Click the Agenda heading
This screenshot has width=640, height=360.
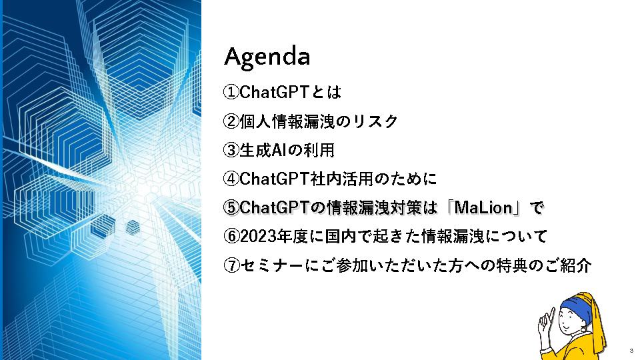tap(267, 57)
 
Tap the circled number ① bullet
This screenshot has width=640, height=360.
tap(231, 92)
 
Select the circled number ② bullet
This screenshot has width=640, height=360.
tap(231, 121)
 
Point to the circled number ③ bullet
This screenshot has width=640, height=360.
tap(231, 150)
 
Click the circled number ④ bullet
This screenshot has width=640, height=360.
tap(231, 179)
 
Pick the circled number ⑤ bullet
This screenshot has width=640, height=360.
tap(231, 208)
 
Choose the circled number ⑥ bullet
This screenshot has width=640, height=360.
tap(231, 236)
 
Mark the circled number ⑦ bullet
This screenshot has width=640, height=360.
tap(231, 266)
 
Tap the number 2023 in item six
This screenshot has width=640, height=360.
tap(257, 236)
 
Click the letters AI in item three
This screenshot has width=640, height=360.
tap(278, 150)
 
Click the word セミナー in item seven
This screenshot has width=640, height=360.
tap(272, 266)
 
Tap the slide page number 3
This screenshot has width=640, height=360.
tap(631, 351)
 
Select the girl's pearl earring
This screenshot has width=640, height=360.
tap(583, 329)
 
